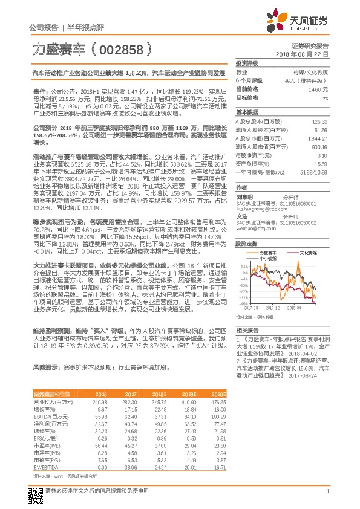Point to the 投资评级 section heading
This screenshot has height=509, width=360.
point(247,63)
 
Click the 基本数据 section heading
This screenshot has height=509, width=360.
point(247,112)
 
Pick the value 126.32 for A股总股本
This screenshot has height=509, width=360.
point(320,122)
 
